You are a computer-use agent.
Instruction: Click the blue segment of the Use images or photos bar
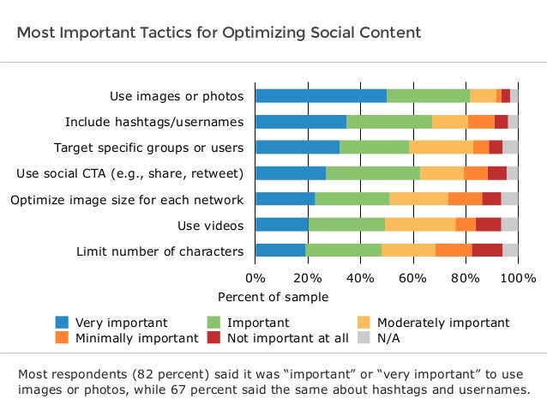[322, 96]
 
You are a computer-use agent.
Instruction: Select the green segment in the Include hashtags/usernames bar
[389, 122]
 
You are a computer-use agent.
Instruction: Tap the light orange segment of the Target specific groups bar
[442, 147]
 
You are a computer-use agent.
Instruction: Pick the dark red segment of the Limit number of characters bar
[487, 251]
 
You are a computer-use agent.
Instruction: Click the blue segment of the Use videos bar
[282, 225]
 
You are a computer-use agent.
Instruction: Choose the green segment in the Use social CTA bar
[373, 173]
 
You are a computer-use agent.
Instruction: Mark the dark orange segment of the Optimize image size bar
[466, 199]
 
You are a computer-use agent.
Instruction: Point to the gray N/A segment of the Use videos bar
[509, 225]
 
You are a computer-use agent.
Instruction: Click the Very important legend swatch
[62, 323]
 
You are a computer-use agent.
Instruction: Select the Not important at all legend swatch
[213, 338]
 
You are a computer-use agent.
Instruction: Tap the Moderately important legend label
[443, 323]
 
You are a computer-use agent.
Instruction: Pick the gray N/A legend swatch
[364, 338]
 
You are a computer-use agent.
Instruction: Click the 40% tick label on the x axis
[360, 278]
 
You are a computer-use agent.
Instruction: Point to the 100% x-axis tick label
[518, 278]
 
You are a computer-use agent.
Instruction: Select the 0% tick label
[255, 278]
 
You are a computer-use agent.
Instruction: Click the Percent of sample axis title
[273, 297]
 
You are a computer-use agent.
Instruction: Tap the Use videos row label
[210, 226]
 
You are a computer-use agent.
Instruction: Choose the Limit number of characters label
[159, 251]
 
